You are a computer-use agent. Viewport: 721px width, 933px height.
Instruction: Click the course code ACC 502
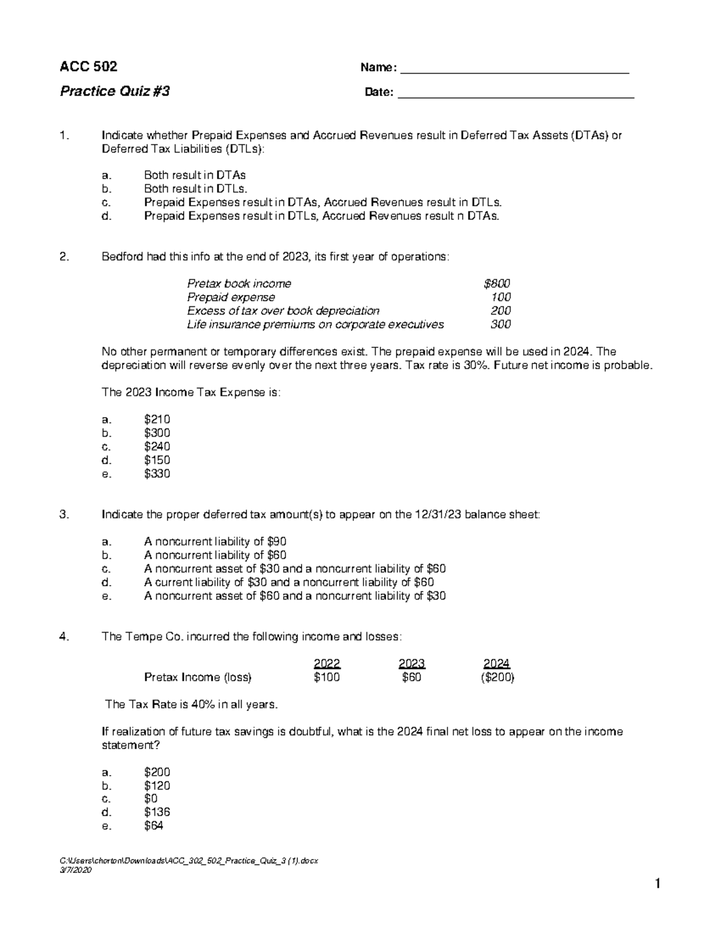pyautogui.click(x=88, y=67)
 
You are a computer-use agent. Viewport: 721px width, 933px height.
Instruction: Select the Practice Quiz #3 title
pyautogui.click(x=114, y=91)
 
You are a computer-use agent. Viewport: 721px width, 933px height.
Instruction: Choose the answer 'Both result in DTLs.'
pyautogui.click(x=195, y=189)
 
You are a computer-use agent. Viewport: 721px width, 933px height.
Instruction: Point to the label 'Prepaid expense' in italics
pyautogui.click(x=231, y=297)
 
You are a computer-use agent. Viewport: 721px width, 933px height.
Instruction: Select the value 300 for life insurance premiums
pyautogui.click(x=500, y=324)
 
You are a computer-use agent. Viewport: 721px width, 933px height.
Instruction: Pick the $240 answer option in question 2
pyautogui.click(x=157, y=446)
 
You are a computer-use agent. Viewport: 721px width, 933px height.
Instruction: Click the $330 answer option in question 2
pyautogui.click(x=157, y=474)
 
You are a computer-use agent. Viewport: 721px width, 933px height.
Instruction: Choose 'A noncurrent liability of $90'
pyautogui.click(x=215, y=541)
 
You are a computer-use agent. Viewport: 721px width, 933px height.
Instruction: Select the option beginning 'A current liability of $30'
pyautogui.click(x=288, y=582)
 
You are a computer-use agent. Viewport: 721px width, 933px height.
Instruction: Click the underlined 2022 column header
pyautogui.click(x=327, y=664)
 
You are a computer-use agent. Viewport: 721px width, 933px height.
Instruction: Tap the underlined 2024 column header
pyautogui.click(x=496, y=664)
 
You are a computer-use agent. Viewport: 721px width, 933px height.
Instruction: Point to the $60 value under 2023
pyautogui.click(x=412, y=678)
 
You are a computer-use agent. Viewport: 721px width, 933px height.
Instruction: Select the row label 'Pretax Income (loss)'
pyautogui.click(x=198, y=678)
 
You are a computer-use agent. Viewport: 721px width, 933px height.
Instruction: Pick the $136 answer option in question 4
pyautogui.click(x=157, y=812)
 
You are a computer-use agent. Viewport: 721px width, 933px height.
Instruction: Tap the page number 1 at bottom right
pyautogui.click(x=658, y=884)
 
